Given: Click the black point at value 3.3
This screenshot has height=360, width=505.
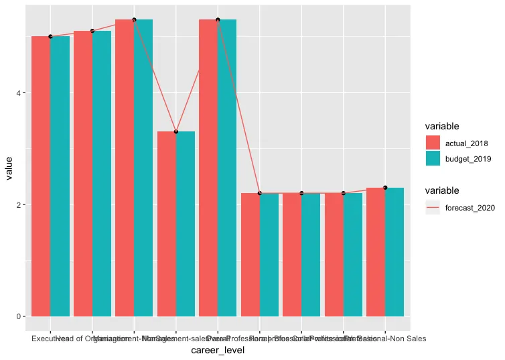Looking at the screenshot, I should [176, 131].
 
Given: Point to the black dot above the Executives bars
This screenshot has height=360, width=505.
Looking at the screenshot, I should [50, 36].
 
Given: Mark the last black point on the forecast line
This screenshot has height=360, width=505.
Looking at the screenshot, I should [385, 188].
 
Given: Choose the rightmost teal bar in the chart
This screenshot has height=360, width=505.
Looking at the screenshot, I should [394, 251].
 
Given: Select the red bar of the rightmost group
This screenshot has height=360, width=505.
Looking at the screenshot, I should [376, 251].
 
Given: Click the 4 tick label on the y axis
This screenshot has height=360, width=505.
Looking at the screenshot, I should [21, 93].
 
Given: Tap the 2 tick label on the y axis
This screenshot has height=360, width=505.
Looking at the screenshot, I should [21, 204].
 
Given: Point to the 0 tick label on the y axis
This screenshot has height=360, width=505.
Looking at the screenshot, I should [21, 316].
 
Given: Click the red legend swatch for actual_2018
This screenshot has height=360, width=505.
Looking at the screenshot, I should [433, 143].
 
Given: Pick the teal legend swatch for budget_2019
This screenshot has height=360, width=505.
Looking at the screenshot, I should [433, 158].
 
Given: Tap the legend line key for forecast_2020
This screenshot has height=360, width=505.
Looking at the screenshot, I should [433, 208].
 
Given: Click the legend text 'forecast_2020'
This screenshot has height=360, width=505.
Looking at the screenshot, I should [470, 208].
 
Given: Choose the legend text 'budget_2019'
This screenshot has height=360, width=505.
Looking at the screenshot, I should [467, 158].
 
